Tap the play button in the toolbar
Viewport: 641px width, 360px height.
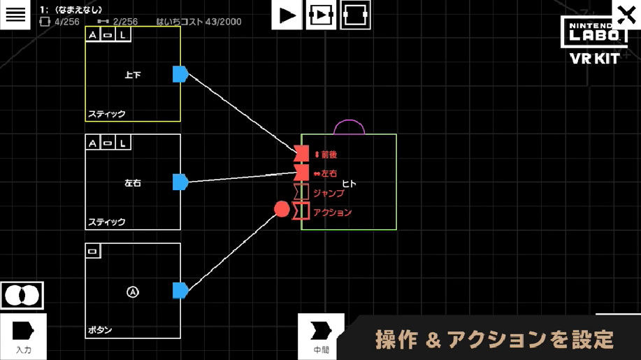(x=287, y=15)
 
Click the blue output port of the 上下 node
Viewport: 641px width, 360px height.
(x=180, y=74)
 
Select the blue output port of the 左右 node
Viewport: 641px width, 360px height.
(x=180, y=182)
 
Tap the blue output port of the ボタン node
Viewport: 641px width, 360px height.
(x=180, y=290)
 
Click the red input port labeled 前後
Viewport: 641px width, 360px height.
(x=301, y=154)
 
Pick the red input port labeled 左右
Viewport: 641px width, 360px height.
(x=301, y=172)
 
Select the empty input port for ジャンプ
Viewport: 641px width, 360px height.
(x=301, y=192)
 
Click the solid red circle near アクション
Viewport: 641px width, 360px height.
(x=282, y=209)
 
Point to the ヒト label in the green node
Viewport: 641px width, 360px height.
(x=350, y=184)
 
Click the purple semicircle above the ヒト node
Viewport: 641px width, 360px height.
(x=350, y=127)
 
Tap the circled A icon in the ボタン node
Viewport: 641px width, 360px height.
(x=133, y=291)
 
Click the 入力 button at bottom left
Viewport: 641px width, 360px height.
(x=23, y=336)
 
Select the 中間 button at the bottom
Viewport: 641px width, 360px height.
(x=321, y=336)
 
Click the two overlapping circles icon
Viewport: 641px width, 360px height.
(x=22, y=295)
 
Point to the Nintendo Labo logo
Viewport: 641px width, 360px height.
(x=594, y=32)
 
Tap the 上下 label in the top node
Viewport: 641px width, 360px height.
(x=133, y=75)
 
